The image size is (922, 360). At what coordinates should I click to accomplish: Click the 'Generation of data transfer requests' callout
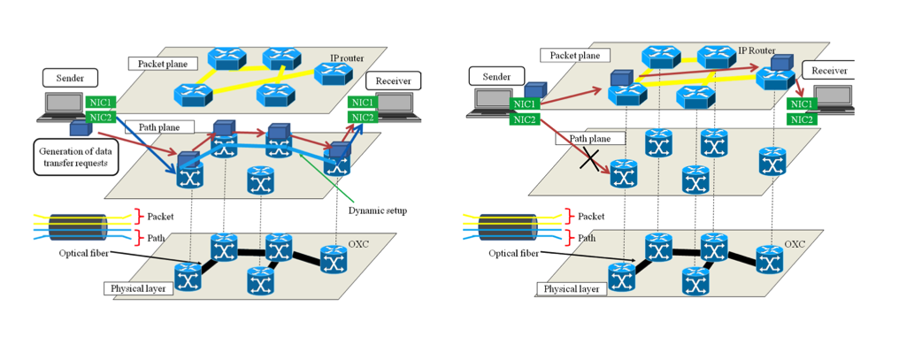[73, 157]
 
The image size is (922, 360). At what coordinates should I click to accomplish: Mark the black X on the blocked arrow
[588, 159]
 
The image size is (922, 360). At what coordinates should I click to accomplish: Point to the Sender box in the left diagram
[72, 79]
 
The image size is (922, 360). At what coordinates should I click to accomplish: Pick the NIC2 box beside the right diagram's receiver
[802, 119]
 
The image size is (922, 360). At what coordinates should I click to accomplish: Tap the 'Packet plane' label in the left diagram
[158, 64]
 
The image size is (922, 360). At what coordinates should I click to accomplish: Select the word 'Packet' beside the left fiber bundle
[159, 215]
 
